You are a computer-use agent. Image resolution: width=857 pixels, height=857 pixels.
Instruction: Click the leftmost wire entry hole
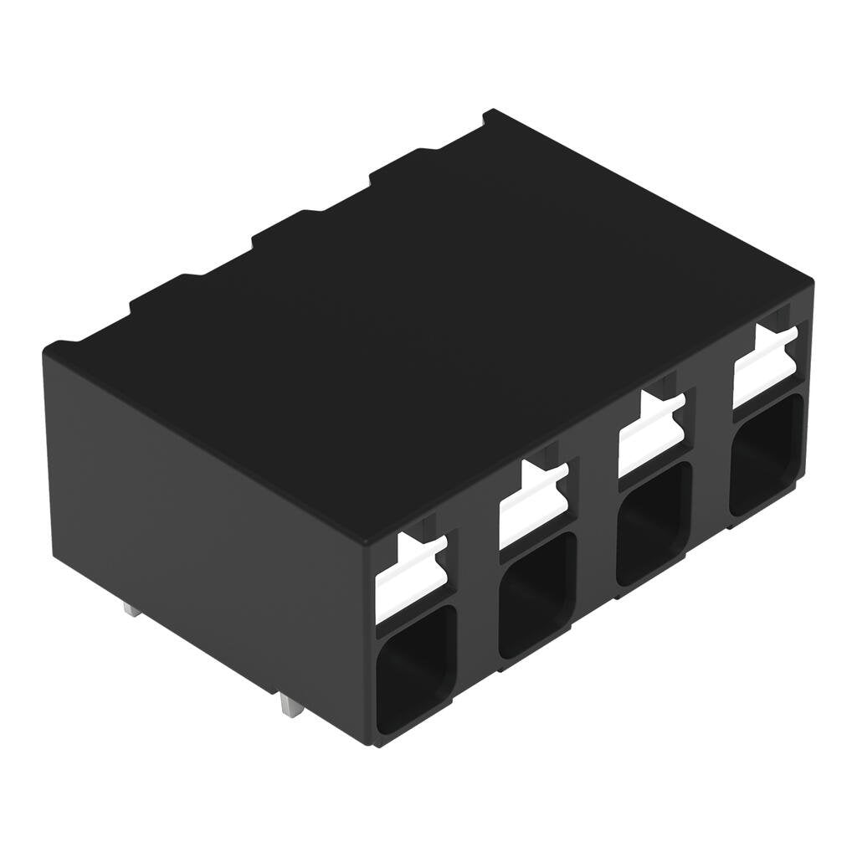click(416, 670)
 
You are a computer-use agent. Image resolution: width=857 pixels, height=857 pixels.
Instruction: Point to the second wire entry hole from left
click(536, 594)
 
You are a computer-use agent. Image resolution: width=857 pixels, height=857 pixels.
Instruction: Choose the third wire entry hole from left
click(654, 524)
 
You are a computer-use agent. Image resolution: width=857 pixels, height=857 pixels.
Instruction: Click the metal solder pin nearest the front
click(290, 707)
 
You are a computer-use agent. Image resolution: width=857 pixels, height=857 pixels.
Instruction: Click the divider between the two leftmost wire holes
click(477, 603)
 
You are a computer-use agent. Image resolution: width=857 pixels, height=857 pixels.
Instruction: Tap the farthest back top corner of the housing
click(491, 111)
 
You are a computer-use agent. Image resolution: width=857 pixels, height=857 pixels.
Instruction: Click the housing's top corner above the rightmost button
click(810, 281)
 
